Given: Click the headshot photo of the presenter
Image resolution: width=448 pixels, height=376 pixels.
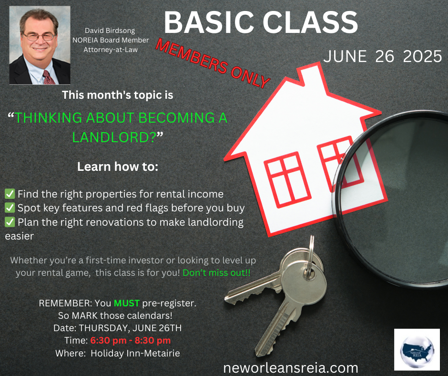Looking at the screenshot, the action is (x=40, y=45).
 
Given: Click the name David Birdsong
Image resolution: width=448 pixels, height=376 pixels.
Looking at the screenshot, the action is (x=110, y=31).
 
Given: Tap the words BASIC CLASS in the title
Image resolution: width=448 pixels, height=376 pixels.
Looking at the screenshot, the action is (x=261, y=22).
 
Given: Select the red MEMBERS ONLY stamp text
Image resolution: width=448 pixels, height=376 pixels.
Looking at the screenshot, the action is (x=213, y=63).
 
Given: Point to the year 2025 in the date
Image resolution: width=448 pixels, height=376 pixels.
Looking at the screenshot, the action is (x=422, y=56).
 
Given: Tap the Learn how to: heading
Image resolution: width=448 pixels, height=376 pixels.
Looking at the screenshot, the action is (x=118, y=167).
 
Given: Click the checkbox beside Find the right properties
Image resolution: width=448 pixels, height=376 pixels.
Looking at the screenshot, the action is (x=10, y=194).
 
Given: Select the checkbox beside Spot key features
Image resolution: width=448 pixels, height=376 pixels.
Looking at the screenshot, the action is (x=10, y=208).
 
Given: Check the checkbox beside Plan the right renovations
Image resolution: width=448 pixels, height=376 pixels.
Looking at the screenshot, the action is (x=10, y=222).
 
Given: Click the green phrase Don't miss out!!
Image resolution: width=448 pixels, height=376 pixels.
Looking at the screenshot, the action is (x=216, y=273).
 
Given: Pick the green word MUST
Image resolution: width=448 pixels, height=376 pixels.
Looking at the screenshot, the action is (x=127, y=303).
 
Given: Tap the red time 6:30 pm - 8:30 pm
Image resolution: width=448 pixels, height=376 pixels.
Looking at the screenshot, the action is (x=131, y=341).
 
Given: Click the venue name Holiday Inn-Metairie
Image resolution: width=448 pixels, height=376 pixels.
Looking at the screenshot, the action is (x=135, y=354).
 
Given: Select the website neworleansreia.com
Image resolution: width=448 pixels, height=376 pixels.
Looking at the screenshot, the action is (x=291, y=368).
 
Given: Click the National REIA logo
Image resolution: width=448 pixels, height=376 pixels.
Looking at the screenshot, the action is (x=417, y=350).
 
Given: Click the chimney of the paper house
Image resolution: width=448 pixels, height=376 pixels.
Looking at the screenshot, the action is (x=312, y=74).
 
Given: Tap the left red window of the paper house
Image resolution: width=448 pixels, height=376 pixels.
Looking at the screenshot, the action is (x=287, y=180).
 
